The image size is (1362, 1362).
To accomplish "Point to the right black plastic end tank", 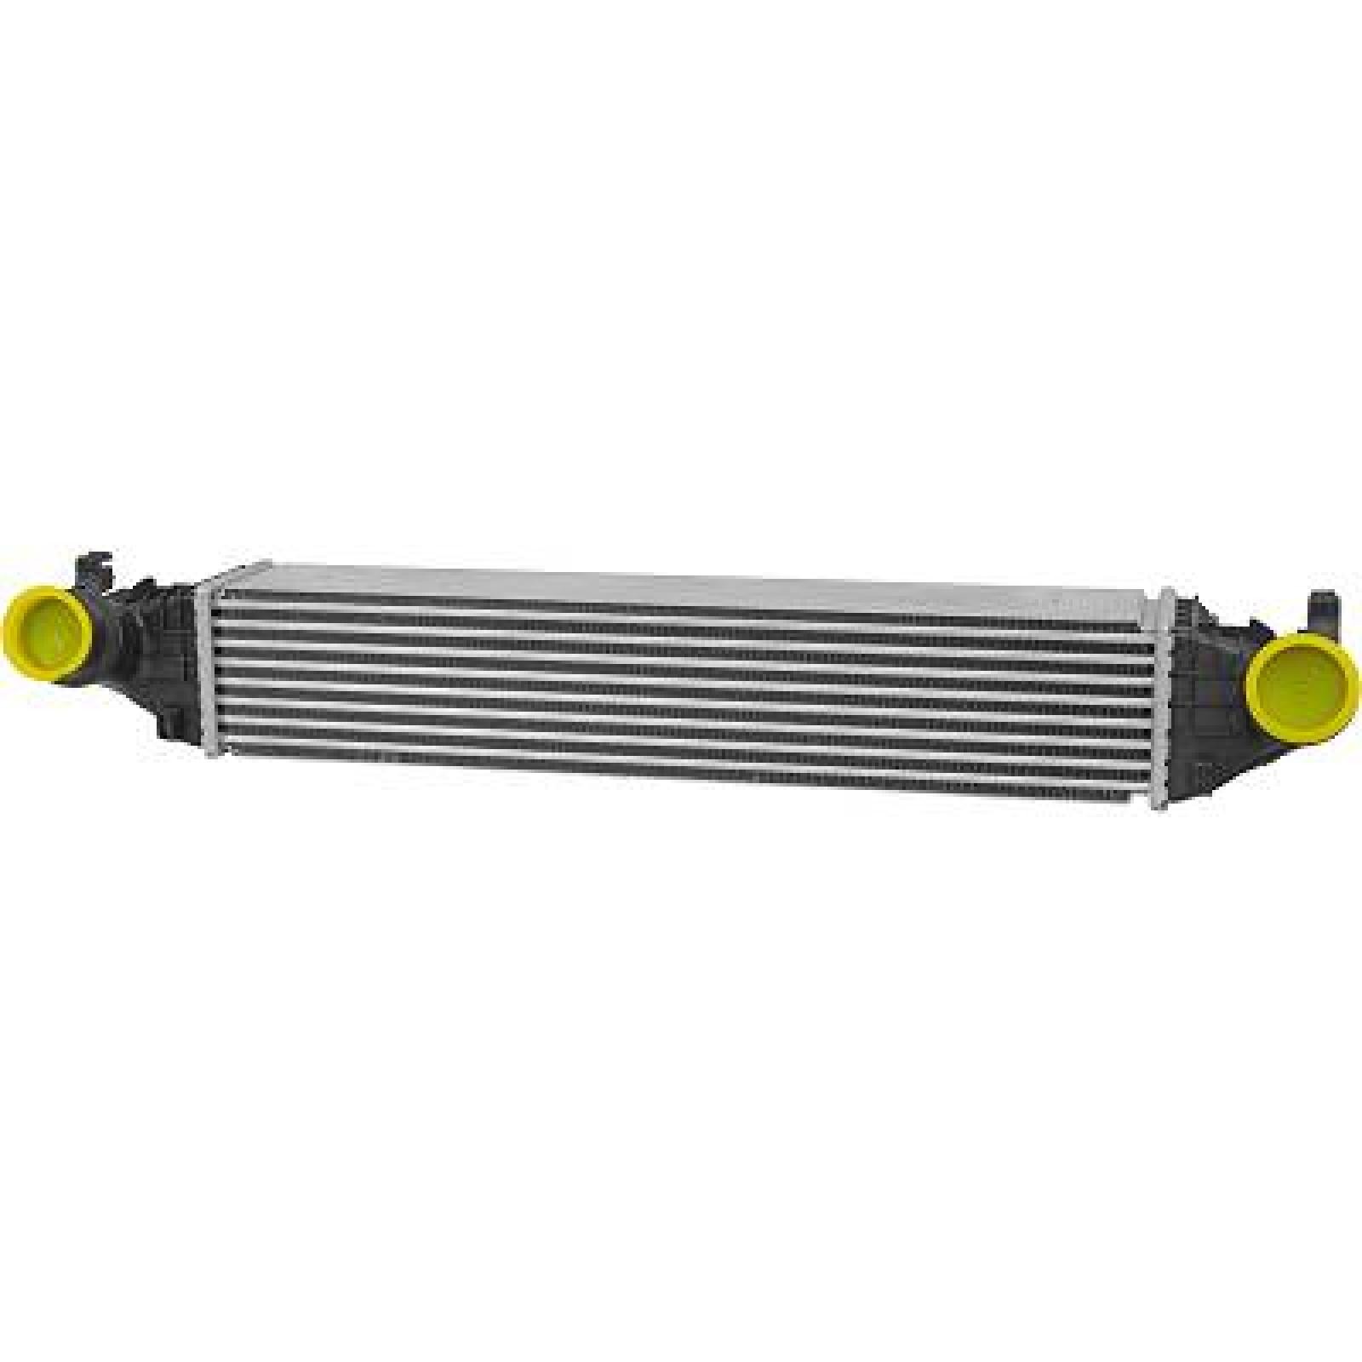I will [x=1209, y=698].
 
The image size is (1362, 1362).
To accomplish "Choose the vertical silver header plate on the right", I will [x=1159, y=707].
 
